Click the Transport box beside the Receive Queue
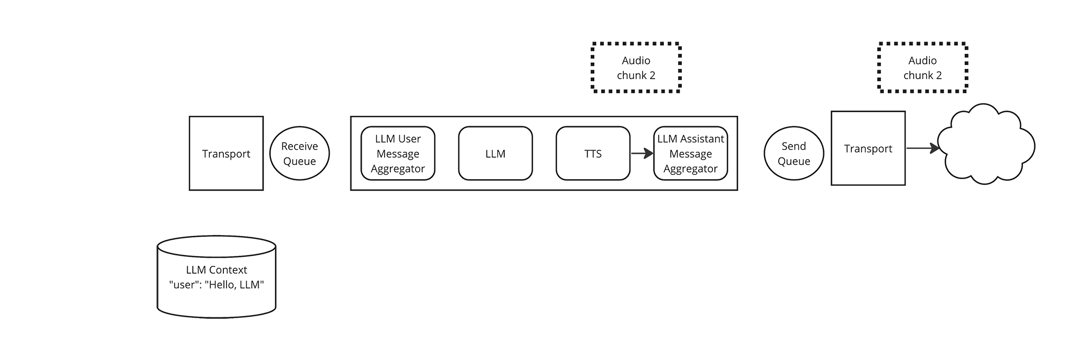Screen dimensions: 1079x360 pyautogui.click(x=226, y=153)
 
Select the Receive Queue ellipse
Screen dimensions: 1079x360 pyautogui.click(x=299, y=153)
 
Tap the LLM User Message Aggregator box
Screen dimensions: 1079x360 pyautogui.click(x=398, y=153)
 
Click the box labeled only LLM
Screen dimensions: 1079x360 pyautogui.click(x=495, y=153)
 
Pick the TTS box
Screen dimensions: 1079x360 pyautogui.click(x=593, y=153)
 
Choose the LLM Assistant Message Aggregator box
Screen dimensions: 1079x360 pyautogui.click(x=691, y=153)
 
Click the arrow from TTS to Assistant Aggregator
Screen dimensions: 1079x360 pyautogui.click(x=642, y=154)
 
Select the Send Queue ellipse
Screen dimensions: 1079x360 pyautogui.click(x=794, y=153)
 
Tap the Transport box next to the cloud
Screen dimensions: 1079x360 pyautogui.click(x=868, y=148)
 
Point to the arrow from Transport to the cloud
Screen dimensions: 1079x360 pyautogui.click(x=923, y=149)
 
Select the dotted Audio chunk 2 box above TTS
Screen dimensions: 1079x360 pyautogui.click(x=636, y=68)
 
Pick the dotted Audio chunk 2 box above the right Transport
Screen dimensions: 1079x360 pyautogui.click(x=923, y=68)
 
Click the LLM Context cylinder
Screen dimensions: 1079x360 pyautogui.click(x=217, y=277)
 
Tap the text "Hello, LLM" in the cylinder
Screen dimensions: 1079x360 pyautogui.click(x=234, y=285)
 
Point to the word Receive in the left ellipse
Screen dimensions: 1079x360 pyautogui.click(x=300, y=146)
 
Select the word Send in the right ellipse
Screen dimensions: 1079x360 pyautogui.click(x=794, y=146)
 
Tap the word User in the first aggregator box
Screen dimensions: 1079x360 pyautogui.click(x=409, y=139)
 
